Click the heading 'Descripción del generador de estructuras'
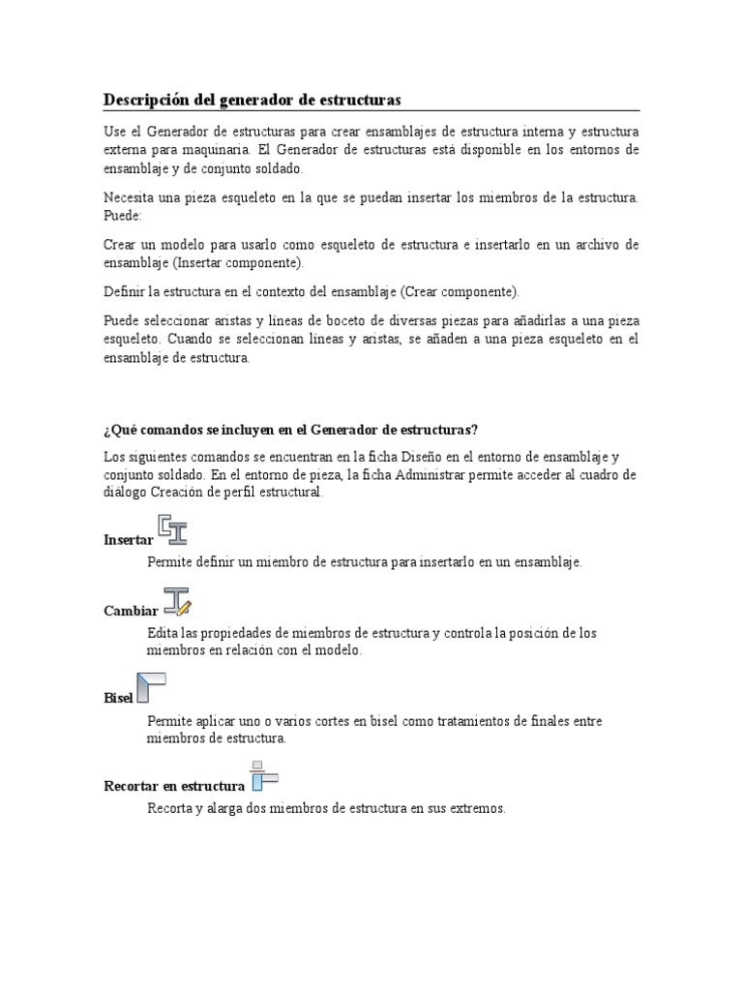coord(252,100)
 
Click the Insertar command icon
coord(173,530)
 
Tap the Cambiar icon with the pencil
coord(177,601)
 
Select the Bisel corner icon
coord(150,687)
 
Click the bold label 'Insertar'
coord(128,540)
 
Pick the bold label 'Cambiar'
coord(131,611)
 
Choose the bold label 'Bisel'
coord(118,698)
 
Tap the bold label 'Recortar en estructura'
coord(174,786)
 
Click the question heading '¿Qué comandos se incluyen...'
coord(290,430)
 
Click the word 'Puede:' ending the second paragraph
coord(122,216)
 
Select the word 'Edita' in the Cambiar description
coord(163,633)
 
